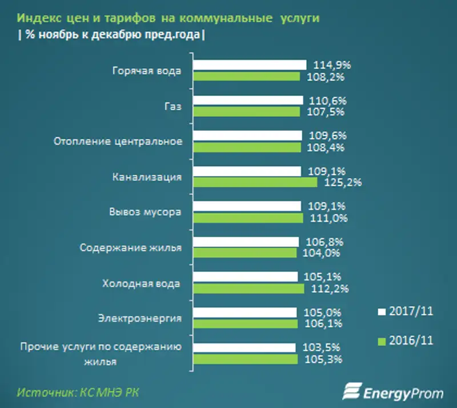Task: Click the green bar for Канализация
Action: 255,182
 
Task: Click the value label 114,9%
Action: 327,65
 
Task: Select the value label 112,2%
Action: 326,289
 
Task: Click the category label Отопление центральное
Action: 118,142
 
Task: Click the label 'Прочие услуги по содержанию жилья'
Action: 101,354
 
